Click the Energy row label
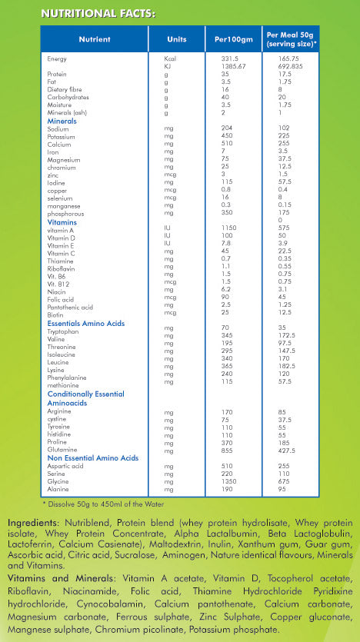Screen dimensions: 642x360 56,58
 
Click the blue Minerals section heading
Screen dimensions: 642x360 62,121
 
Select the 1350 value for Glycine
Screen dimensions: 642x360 231,481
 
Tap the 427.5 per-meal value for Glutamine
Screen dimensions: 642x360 289,451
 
